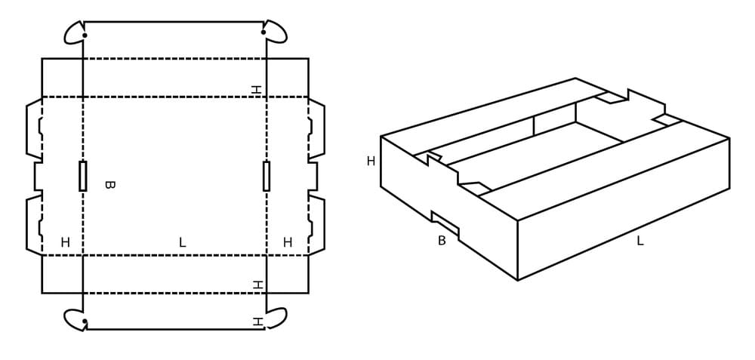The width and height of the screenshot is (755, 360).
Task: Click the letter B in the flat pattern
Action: click(109, 185)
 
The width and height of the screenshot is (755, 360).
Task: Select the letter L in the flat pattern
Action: click(182, 243)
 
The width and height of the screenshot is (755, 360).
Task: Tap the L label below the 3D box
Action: click(640, 241)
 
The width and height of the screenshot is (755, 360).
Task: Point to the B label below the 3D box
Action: click(442, 241)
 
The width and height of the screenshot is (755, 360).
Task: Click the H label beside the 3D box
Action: click(371, 162)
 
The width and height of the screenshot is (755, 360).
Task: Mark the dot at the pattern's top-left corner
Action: click(85, 35)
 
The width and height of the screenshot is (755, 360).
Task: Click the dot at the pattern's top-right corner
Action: click(263, 32)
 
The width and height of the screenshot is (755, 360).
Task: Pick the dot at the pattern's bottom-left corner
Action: click(85, 321)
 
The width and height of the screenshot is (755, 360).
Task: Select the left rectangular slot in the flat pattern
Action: click(83, 176)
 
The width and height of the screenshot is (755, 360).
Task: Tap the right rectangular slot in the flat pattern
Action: click(267, 176)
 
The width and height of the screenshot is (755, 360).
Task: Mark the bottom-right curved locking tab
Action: click(278, 318)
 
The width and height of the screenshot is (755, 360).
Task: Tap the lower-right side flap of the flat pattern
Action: click(317, 225)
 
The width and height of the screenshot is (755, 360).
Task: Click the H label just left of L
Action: click(66, 243)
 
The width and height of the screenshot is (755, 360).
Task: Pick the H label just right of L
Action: click(288, 242)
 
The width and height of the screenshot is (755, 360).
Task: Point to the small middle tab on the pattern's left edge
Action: click(38, 176)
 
